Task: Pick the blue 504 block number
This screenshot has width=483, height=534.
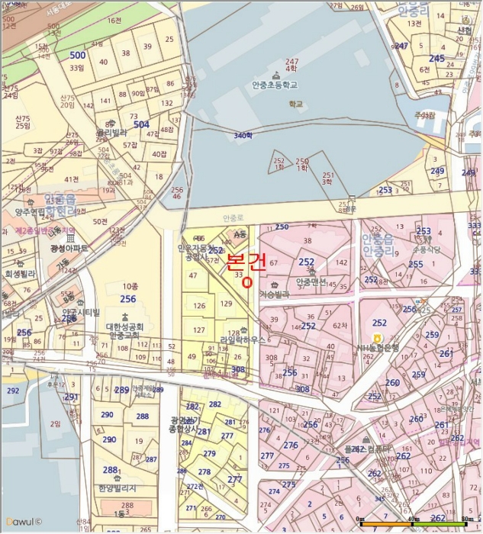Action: click(x=140, y=124)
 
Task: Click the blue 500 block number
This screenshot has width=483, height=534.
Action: click(x=77, y=55)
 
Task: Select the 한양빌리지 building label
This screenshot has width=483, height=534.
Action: click(x=117, y=487)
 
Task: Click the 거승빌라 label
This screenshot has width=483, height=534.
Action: click(x=275, y=294)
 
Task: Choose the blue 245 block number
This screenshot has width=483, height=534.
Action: click(x=436, y=58)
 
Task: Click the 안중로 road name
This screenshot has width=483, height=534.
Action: click(x=232, y=218)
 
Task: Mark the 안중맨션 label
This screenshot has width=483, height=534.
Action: click(x=311, y=281)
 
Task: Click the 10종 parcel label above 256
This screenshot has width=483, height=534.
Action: click(x=129, y=285)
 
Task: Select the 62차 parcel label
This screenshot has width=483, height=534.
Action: click(x=340, y=325)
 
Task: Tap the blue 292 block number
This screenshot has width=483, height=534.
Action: click(x=12, y=391)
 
